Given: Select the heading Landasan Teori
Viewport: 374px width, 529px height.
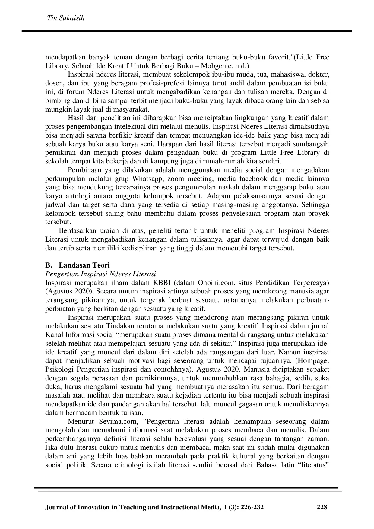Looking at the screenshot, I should (x=84, y=265).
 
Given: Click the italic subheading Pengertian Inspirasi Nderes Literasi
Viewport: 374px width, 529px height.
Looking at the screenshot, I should (x=100, y=274).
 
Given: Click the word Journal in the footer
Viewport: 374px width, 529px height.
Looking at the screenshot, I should (x=56, y=507).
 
